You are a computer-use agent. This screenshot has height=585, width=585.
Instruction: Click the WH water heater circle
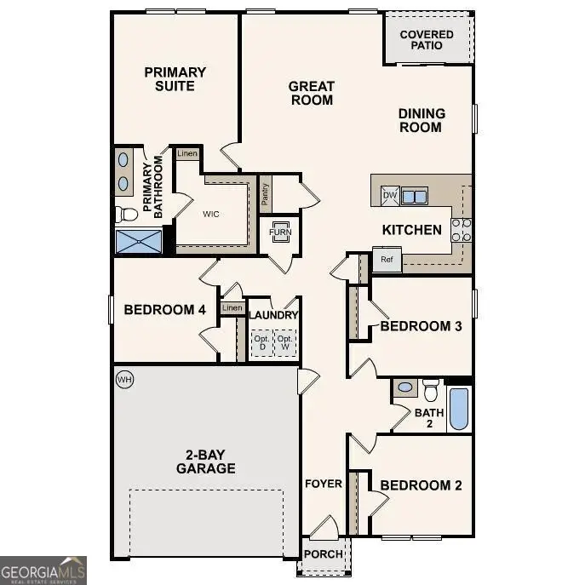(x=124, y=378)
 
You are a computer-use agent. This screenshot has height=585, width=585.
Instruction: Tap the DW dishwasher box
(x=389, y=196)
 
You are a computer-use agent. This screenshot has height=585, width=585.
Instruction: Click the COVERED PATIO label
(x=427, y=40)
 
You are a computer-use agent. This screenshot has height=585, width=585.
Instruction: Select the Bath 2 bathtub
(x=458, y=410)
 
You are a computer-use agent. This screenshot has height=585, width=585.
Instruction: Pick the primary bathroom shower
(x=139, y=241)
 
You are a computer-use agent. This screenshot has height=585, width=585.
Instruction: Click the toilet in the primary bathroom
(x=125, y=213)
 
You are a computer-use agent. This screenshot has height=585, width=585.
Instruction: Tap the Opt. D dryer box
(x=261, y=343)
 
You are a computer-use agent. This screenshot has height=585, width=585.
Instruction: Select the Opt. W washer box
(x=286, y=343)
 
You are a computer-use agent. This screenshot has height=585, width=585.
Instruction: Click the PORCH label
(x=324, y=554)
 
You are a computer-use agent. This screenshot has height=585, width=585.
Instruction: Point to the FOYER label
(x=324, y=485)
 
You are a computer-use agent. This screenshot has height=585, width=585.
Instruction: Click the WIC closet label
(x=210, y=214)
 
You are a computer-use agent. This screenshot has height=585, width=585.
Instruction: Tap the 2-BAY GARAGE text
(x=206, y=461)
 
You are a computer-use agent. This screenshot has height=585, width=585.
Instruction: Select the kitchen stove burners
(x=461, y=230)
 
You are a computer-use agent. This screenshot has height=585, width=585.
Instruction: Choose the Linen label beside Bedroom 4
(x=232, y=308)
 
